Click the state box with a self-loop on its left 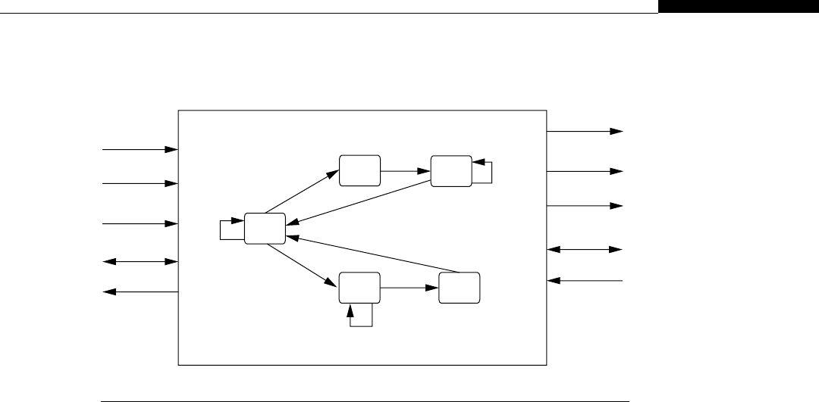tap(265, 229)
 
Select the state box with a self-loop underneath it tap(359, 288)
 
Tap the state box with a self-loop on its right tap(450, 170)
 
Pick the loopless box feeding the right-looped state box tap(359, 170)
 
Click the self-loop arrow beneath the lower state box tap(361, 318)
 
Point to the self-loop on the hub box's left tap(227, 229)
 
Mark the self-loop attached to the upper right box tap(486, 172)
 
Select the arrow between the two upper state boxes tap(405, 171)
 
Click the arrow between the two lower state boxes tap(409, 288)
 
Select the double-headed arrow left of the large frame tap(140, 262)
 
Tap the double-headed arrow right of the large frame tap(585, 249)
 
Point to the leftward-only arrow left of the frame tap(140, 291)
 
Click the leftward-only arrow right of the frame tap(585, 281)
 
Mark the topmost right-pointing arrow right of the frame tap(585, 131)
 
